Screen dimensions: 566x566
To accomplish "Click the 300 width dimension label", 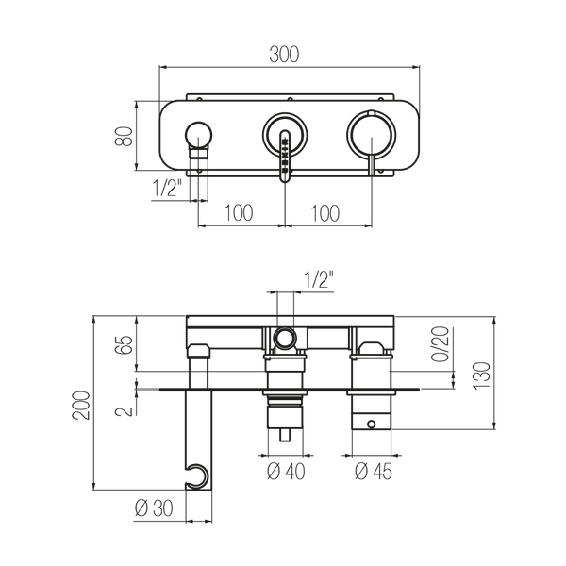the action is (284, 55).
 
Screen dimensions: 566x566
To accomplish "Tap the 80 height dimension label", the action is (124, 136).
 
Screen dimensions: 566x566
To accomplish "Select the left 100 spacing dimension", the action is (239, 213).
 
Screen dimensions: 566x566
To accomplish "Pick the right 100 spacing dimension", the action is (325, 213).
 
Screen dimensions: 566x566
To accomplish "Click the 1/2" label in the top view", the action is (167, 188).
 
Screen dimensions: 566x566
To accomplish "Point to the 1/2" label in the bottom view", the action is (319, 279).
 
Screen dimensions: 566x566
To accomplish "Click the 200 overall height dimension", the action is (81, 405).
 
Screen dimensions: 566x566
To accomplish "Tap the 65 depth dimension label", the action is (125, 344).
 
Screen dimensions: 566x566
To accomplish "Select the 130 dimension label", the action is (482, 375).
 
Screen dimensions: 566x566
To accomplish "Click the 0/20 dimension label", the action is (441, 344).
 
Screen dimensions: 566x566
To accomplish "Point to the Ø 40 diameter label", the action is (286, 472).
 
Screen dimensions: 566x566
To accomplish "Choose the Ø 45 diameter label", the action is (374, 472).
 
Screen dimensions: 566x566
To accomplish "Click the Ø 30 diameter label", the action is (154, 508).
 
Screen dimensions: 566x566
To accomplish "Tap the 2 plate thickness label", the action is (125, 411).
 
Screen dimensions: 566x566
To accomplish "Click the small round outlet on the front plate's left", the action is (198, 136).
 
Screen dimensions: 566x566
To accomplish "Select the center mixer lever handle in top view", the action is (285, 156).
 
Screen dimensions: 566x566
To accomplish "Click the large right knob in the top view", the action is (372, 135).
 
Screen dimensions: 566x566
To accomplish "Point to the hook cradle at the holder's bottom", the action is (197, 476).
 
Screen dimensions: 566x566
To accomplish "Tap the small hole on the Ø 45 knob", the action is (372, 424).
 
